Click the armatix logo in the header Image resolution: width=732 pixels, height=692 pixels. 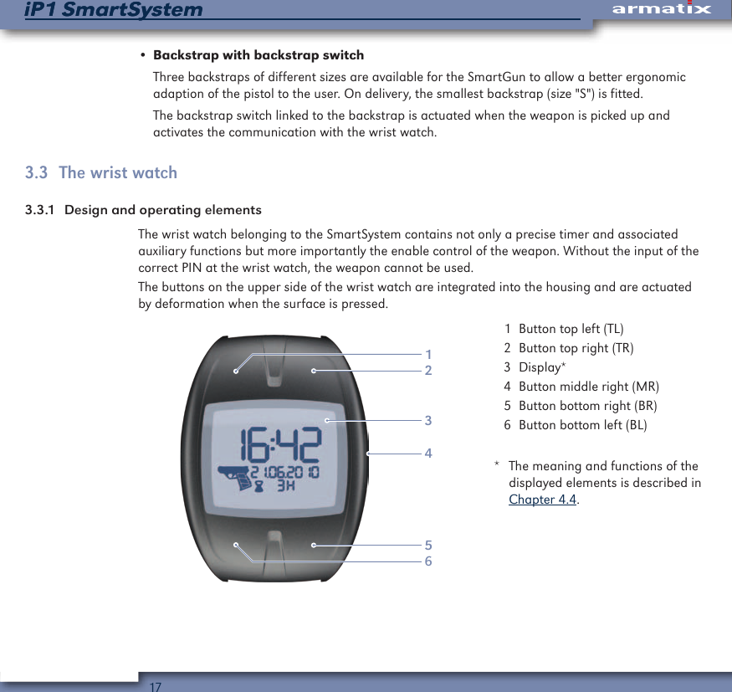[x=660, y=9]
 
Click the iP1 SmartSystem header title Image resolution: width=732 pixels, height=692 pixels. [x=113, y=10]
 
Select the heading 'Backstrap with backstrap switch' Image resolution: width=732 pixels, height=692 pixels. [x=259, y=56]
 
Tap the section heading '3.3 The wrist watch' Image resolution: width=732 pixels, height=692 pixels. [x=101, y=172]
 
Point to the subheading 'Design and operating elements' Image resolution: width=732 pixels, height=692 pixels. [x=162, y=209]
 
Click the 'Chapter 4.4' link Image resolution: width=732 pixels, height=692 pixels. [x=543, y=500]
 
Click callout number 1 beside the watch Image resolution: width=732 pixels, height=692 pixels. [x=428, y=354]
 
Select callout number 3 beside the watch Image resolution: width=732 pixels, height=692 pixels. [x=428, y=420]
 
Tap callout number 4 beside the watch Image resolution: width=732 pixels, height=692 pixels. [x=428, y=453]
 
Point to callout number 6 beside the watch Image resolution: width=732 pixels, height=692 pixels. [x=428, y=561]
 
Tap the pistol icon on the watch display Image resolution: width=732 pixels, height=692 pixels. [x=237, y=479]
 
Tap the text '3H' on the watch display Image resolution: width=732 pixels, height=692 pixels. [x=287, y=486]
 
